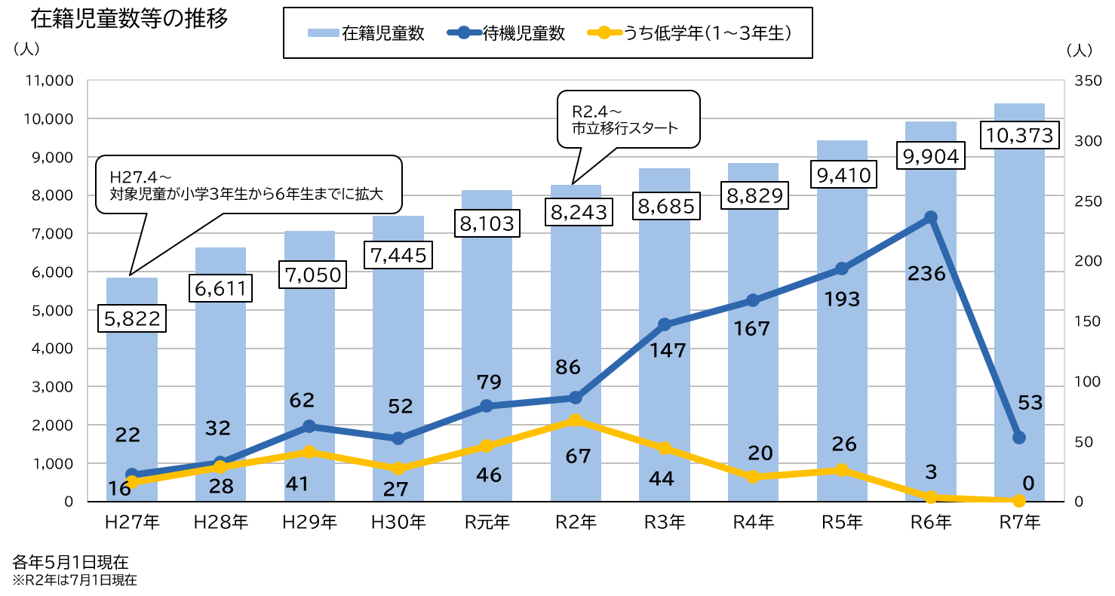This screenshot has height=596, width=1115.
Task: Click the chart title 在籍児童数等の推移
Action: [129, 19]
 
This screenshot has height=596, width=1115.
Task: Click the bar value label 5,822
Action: [132, 319]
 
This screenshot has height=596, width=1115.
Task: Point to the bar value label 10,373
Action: [1019, 136]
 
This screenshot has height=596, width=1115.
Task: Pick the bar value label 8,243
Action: [579, 213]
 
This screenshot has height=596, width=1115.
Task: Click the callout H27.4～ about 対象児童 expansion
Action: [249, 185]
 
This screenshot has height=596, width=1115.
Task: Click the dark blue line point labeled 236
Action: [931, 217]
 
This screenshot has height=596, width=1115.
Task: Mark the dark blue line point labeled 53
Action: [1019, 438]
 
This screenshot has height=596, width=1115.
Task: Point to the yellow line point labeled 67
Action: [576, 420]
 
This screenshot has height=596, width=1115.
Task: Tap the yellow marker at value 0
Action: [1019, 501]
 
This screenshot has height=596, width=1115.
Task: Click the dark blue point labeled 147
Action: [665, 324]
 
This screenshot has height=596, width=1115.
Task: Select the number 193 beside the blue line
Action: [842, 300]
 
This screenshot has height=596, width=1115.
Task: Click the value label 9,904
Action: [931, 156]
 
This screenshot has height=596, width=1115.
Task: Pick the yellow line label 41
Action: [297, 484]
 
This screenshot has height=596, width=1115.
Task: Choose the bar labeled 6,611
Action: [220, 377]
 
